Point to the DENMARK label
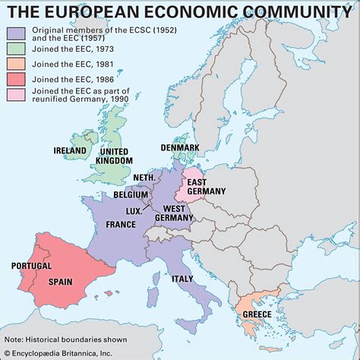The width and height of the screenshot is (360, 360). point(180,147)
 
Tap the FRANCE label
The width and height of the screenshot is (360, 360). point(121,224)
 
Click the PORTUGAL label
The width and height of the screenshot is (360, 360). point(31,266)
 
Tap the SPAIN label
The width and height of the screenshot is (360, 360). point(61,281)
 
